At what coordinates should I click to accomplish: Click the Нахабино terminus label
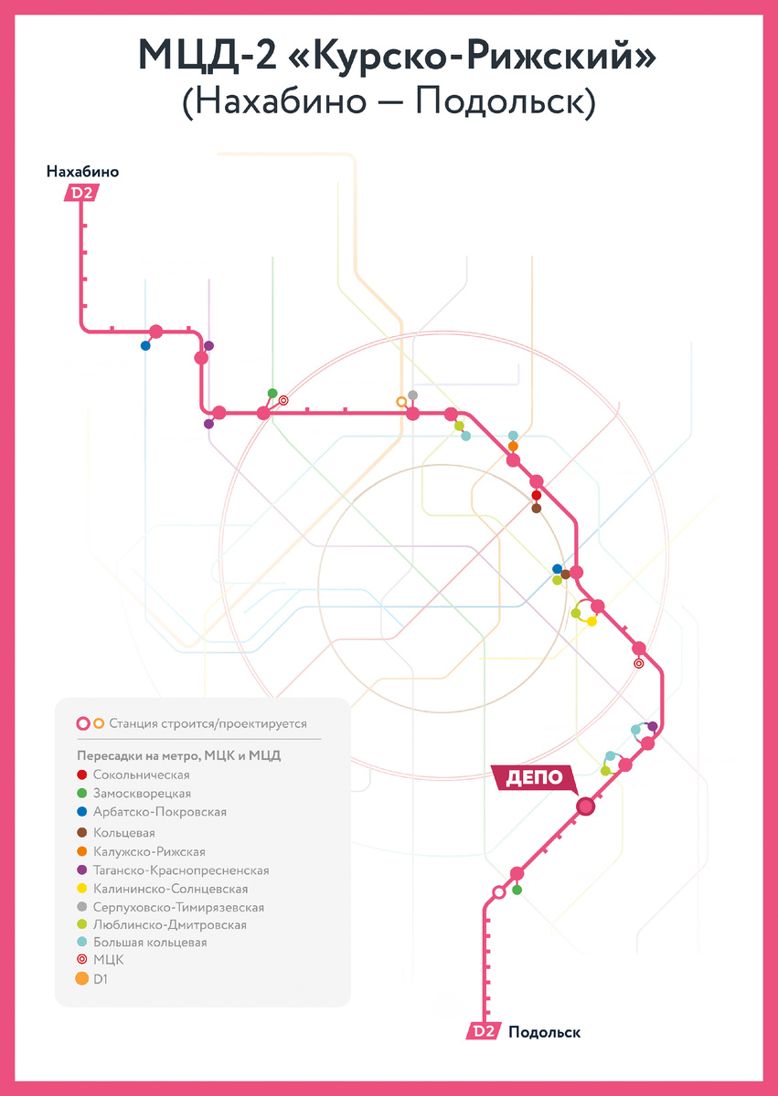(x=83, y=172)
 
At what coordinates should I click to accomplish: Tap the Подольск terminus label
(x=544, y=1032)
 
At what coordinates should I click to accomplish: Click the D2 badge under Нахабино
(x=81, y=193)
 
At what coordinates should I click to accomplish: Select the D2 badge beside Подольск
(x=484, y=1032)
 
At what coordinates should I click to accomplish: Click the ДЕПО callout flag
(x=534, y=778)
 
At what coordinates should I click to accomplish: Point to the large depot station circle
(x=585, y=806)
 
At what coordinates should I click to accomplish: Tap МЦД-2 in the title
(x=206, y=56)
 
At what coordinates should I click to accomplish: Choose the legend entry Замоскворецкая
(x=133, y=793)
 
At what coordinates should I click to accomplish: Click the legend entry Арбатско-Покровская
(x=152, y=812)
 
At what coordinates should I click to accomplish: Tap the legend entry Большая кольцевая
(x=142, y=943)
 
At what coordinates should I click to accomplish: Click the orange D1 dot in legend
(x=81, y=978)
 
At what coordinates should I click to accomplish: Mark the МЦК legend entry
(x=101, y=960)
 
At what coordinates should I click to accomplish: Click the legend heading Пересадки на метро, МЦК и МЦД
(x=178, y=755)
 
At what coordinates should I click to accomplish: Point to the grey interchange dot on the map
(x=412, y=395)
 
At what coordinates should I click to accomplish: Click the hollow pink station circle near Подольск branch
(x=498, y=892)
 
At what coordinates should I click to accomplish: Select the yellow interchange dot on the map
(x=591, y=621)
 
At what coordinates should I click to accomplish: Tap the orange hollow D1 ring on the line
(x=401, y=402)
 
